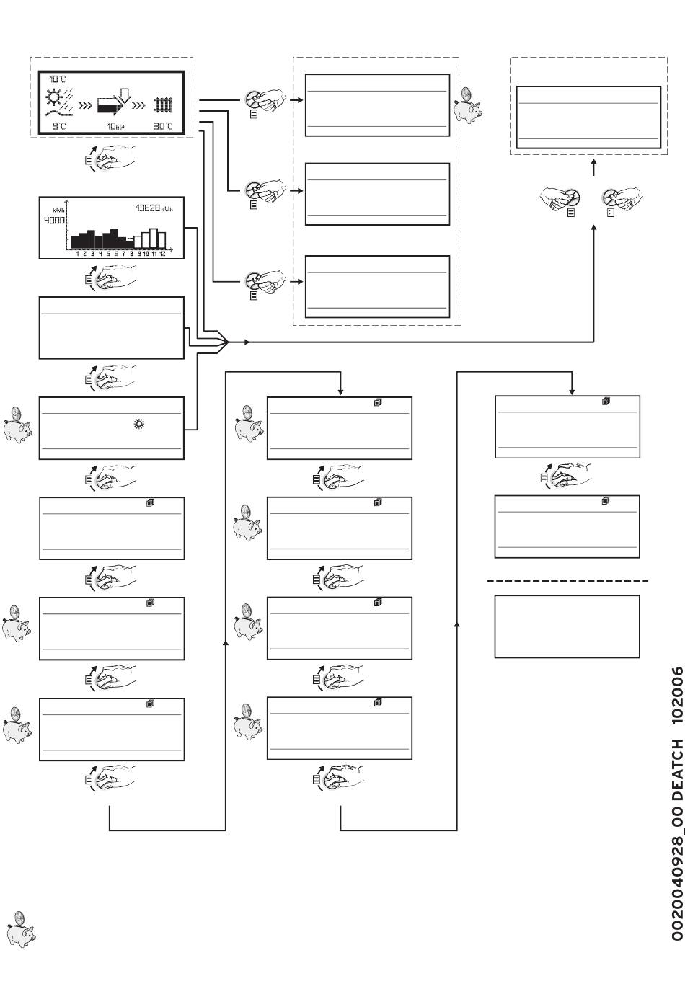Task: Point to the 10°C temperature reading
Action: (x=57, y=78)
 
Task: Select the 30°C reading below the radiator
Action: (x=163, y=127)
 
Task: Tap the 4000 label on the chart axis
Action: (x=53, y=221)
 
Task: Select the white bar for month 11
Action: (x=153, y=238)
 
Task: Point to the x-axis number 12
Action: (x=162, y=254)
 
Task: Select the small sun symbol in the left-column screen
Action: (x=139, y=425)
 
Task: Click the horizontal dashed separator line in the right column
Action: (x=567, y=580)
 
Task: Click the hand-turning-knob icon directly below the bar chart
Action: (x=110, y=278)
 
